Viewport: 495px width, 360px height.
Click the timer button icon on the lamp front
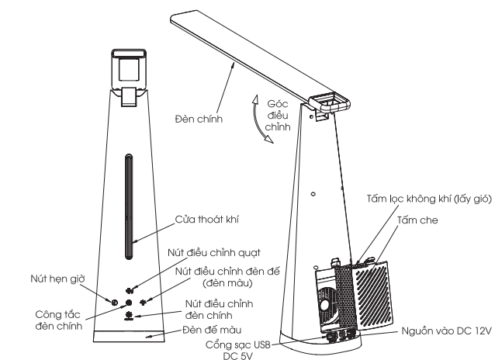[115, 301]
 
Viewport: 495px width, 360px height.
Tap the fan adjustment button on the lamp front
[129, 289]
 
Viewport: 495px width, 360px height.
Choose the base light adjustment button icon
[143, 300]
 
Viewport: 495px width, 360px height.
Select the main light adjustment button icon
[129, 314]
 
